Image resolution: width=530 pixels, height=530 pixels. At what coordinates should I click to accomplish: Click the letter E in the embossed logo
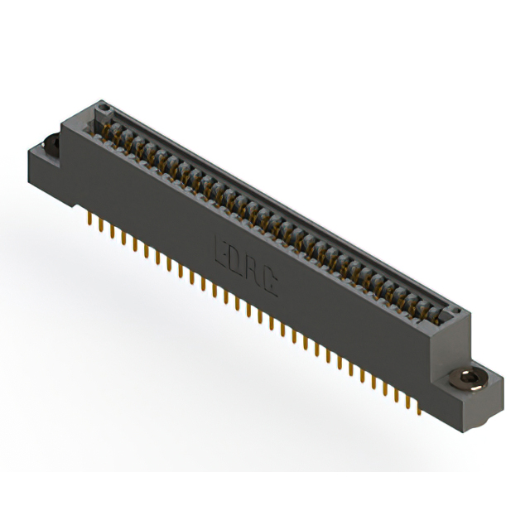[221, 249]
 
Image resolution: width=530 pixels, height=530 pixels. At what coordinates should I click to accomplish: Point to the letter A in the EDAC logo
[254, 271]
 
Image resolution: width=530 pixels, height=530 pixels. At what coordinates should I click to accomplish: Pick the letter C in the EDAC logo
[271, 282]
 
